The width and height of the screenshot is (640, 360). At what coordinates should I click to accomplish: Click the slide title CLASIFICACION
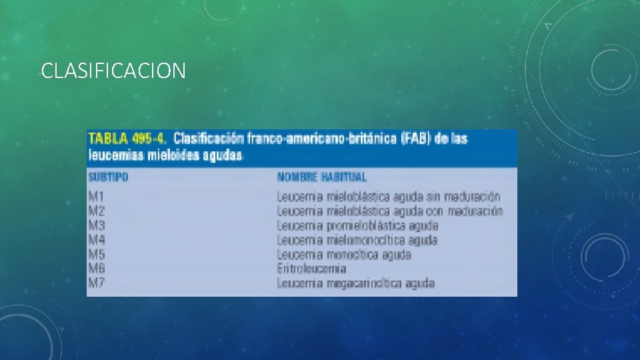[113, 70]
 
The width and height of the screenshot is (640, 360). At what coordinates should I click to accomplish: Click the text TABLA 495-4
[128, 139]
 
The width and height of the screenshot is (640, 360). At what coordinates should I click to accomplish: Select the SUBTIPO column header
[108, 177]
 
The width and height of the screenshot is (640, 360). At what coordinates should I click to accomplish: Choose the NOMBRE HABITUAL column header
[321, 177]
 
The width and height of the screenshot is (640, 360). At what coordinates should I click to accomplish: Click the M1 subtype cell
[96, 197]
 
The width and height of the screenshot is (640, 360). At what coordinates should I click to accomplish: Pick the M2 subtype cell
[96, 211]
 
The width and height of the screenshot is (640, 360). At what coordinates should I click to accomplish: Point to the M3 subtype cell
[96, 226]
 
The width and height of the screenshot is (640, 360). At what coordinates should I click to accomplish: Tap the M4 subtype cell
[96, 240]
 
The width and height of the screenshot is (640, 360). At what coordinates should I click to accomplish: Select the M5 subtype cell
[96, 255]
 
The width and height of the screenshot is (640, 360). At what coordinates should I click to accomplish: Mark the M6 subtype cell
[96, 269]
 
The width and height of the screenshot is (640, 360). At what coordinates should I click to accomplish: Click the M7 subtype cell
[96, 283]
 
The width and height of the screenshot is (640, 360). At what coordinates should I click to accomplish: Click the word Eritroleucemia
[311, 269]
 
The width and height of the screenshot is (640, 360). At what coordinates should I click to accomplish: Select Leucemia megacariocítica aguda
[355, 283]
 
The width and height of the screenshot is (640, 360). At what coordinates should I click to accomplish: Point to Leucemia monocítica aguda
[344, 255]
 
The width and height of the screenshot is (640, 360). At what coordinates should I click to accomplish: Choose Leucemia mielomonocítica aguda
[357, 240]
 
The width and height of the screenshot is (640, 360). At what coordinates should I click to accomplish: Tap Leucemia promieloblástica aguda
[358, 226]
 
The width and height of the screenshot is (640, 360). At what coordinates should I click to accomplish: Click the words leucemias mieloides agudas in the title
[165, 155]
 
